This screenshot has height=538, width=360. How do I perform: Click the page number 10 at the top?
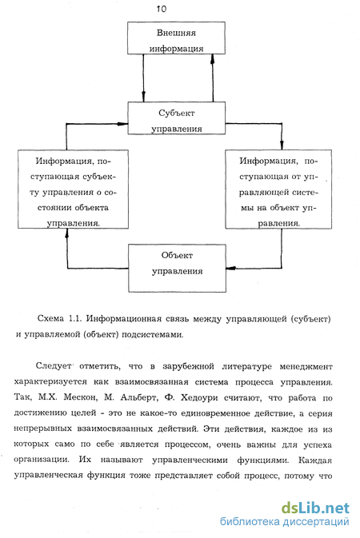pyautogui.click(x=161, y=9)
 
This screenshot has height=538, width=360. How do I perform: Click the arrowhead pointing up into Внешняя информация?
pyautogui.click(x=212, y=59)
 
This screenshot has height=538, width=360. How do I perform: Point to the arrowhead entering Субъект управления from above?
pyautogui.click(x=143, y=97)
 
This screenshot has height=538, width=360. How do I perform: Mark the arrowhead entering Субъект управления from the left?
pyautogui.click(x=122, y=124)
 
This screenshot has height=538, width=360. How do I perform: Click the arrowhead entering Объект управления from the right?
pyautogui.click(x=231, y=268)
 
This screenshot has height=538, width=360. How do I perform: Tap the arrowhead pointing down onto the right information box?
pyautogui.click(x=282, y=145)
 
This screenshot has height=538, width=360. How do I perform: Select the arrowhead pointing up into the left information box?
pyautogui.click(x=67, y=233)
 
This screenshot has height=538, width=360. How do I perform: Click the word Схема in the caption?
pyautogui.click(x=50, y=318)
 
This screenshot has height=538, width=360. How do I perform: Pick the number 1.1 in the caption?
pyautogui.click(x=75, y=318)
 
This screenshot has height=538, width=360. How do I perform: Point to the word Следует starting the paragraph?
pyautogui.click(x=54, y=366)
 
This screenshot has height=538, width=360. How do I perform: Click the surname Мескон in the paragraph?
pyautogui.click(x=80, y=397)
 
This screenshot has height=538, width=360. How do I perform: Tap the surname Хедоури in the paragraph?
pyautogui.click(x=199, y=397)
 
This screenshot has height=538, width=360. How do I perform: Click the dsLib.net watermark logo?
pyautogui.click(x=315, y=508)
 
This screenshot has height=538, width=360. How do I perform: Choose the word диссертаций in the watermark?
pyautogui.click(x=315, y=522)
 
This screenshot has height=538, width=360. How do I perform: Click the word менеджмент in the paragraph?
pyautogui.click(x=306, y=366)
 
